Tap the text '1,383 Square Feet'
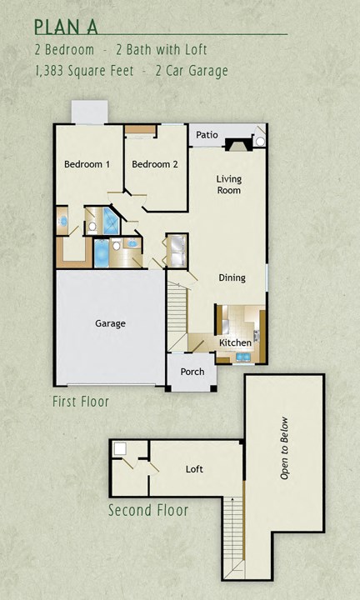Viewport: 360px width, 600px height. (82, 71)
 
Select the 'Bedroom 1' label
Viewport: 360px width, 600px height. (87, 164)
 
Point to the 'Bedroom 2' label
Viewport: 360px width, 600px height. (155, 164)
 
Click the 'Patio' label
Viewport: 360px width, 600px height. (207, 135)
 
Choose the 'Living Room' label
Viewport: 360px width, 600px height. (228, 184)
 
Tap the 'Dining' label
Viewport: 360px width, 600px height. (232, 277)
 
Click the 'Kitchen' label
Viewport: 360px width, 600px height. (235, 342)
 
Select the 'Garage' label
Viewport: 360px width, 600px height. (110, 323)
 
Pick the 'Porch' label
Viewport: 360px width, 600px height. (192, 372)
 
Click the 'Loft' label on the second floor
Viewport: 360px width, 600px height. (194, 469)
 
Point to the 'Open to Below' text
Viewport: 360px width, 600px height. (284, 447)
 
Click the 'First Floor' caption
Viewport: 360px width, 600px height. (81, 402)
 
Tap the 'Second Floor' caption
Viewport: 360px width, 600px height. (148, 510)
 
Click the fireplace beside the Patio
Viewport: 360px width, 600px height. (241, 142)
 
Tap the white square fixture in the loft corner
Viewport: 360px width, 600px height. (120, 448)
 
